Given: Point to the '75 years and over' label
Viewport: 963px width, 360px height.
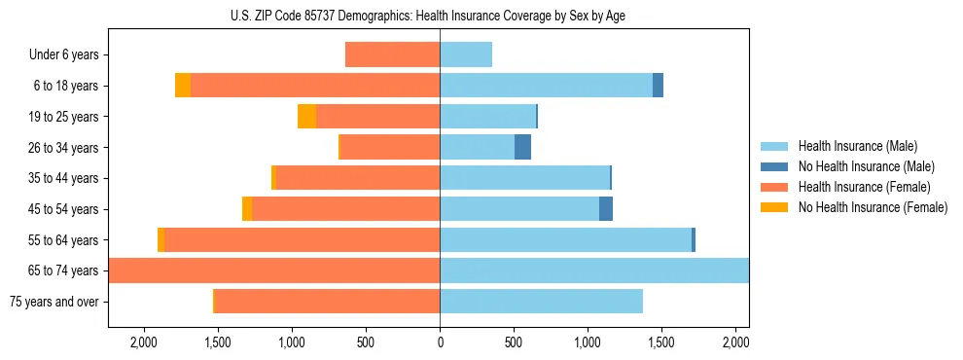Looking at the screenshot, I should pyautogui.click(x=53, y=302).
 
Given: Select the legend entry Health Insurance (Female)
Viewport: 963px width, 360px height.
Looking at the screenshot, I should pyautogui.click(x=864, y=187).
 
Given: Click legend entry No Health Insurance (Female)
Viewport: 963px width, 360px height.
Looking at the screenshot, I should pyautogui.click(x=873, y=207).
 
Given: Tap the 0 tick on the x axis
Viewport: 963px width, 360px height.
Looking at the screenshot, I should pyautogui.click(x=440, y=342).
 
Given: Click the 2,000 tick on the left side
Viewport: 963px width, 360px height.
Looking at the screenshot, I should pyautogui.click(x=144, y=342).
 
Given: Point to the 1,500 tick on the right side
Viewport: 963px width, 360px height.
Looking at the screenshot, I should pyautogui.click(x=661, y=342).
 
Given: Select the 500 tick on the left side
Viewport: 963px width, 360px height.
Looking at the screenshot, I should pyautogui.click(x=366, y=342).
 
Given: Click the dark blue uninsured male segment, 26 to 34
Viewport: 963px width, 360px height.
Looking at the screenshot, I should pyautogui.click(x=522, y=148).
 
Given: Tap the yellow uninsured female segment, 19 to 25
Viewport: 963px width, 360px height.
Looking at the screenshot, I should pyautogui.click(x=306, y=117).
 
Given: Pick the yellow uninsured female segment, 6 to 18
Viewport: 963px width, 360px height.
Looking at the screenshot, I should pyautogui.click(x=183, y=86).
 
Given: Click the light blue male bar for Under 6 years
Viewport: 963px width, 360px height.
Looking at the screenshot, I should pyautogui.click(x=466, y=55).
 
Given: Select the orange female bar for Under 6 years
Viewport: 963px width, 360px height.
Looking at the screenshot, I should pyautogui.click(x=392, y=55).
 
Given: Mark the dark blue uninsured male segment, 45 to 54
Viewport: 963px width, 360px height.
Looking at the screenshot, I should pyautogui.click(x=606, y=209).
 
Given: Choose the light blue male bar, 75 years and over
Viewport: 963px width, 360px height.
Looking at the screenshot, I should pyautogui.click(x=541, y=302).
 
